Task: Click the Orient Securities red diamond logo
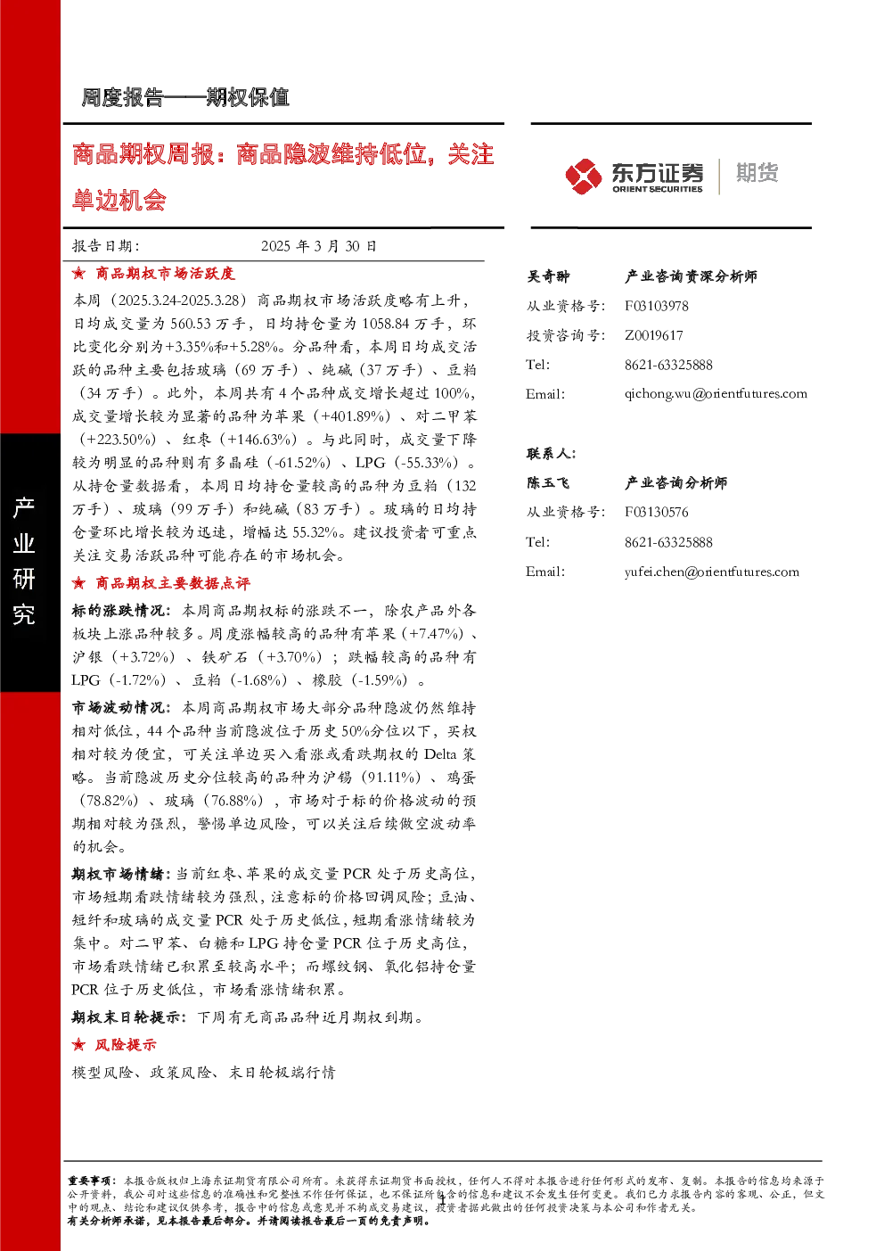coord(583,176)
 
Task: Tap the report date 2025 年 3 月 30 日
coord(319,246)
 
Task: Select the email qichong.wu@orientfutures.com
coord(716,394)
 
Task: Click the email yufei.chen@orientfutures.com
coord(711,572)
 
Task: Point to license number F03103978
coord(656,306)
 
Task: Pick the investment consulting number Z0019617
coord(653,335)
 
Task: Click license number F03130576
coord(656,512)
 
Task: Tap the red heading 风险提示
coord(125,1044)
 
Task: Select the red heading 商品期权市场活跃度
coord(165,274)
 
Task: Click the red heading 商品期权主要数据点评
coord(173,583)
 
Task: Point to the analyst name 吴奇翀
coord(547,276)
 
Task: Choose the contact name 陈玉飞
coord(547,482)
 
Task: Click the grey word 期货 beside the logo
coord(757,173)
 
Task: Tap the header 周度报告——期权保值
coord(185,97)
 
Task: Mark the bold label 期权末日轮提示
coord(126,1017)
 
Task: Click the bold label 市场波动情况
coord(118,708)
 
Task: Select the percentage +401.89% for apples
coord(351,416)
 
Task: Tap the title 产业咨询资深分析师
coord(691,276)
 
